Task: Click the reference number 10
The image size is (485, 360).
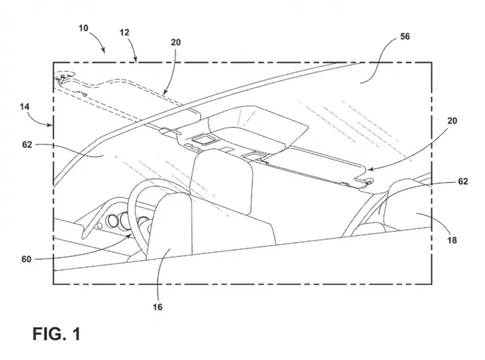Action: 84,28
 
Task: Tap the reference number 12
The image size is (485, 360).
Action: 125,32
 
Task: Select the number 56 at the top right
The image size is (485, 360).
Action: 405,36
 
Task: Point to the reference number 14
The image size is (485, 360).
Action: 25,107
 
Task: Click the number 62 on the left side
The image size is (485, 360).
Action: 27,144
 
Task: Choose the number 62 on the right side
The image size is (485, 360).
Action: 463,181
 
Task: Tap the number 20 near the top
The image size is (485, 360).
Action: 176,42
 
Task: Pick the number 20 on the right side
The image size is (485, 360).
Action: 452,121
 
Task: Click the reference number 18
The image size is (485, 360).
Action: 452,240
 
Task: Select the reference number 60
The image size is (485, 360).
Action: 26,259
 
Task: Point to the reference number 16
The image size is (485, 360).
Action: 158,307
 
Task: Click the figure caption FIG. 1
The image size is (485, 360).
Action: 57,334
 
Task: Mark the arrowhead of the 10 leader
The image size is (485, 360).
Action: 104,51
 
